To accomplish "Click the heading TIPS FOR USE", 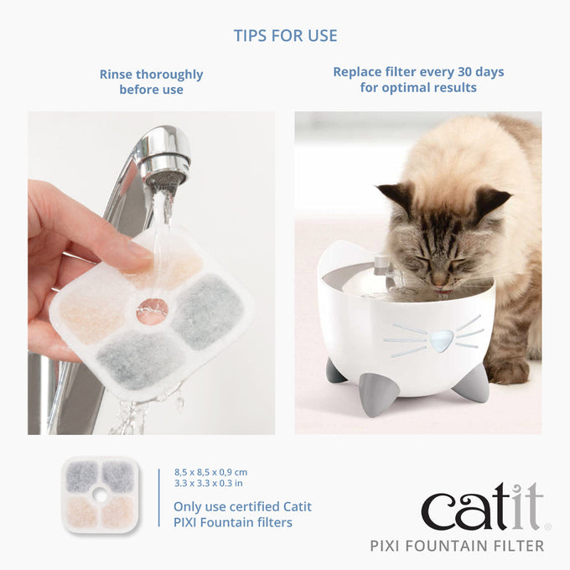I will (x=285, y=36).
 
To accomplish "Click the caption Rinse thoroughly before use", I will (x=151, y=81).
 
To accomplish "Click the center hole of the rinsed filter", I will (x=152, y=311).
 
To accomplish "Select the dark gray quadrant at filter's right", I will (x=209, y=311).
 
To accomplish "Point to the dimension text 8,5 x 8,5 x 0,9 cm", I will (x=210, y=473).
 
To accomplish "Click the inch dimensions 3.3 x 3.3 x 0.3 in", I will (x=209, y=484).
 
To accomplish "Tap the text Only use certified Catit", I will (x=242, y=506).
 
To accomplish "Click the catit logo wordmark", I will (x=482, y=508).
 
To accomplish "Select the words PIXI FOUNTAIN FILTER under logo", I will (x=457, y=547).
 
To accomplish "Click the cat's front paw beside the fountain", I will (x=508, y=370).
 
